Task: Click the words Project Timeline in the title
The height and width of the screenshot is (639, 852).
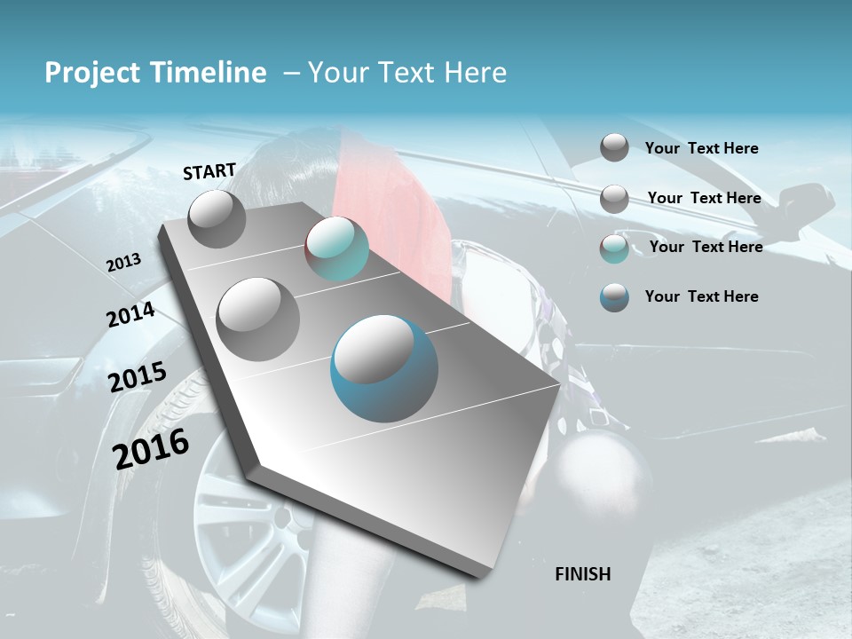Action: click(155, 73)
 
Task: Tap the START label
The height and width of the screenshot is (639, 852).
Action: click(209, 171)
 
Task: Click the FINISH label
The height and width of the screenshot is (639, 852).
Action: click(583, 574)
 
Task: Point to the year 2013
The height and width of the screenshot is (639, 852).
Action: click(123, 263)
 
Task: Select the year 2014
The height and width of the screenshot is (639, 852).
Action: click(130, 315)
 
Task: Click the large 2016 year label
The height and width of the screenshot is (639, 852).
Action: click(151, 448)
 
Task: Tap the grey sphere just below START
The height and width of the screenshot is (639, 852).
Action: click(217, 218)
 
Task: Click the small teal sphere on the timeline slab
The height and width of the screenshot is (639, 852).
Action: click(337, 248)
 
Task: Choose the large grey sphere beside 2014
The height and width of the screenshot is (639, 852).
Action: click(258, 319)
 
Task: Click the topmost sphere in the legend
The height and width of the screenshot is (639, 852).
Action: click(614, 147)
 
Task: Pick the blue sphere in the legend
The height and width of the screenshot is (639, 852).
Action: click(614, 297)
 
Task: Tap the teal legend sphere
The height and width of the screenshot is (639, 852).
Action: click(614, 248)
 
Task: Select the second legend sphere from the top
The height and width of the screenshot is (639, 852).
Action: click(614, 199)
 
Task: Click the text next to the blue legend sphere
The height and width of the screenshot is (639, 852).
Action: click(701, 296)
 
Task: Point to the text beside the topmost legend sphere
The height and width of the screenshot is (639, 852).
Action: click(701, 148)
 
